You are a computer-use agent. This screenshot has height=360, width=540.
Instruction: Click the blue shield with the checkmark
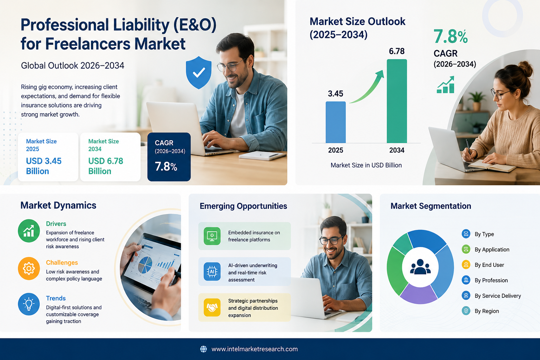point(199,72)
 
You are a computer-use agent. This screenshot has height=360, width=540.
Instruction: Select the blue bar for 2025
point(336,122)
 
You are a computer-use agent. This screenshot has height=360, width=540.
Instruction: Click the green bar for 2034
point(397,101)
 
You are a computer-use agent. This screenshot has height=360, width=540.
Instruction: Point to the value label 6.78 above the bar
point(397,51)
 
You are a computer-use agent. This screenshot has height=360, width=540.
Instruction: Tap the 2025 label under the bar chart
point(336,150)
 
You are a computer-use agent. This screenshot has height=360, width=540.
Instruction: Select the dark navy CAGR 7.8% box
point(169,157)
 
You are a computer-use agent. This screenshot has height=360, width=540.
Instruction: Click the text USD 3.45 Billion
point(44,166)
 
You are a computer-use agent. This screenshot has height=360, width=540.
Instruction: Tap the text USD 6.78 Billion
point(105,166)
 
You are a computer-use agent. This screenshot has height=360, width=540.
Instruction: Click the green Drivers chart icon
point(29,231)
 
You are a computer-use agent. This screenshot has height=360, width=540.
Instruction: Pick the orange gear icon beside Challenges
point(29,268)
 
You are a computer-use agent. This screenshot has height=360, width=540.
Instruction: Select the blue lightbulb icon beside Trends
point(29,304)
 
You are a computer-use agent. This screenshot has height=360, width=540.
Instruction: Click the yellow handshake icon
point(212,307)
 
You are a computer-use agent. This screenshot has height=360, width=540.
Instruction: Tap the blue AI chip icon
point(212,272)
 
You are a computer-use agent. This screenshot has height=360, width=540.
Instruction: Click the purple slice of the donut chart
point(419,294)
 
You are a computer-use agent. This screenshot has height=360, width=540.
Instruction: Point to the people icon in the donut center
point(420,267)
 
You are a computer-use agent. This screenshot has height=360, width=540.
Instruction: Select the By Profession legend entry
point(485,280)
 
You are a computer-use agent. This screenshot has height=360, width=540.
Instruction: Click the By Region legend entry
point(480,311)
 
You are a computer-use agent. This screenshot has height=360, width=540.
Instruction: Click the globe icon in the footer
point(204,349)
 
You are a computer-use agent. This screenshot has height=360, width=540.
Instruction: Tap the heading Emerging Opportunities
point(243,206)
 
